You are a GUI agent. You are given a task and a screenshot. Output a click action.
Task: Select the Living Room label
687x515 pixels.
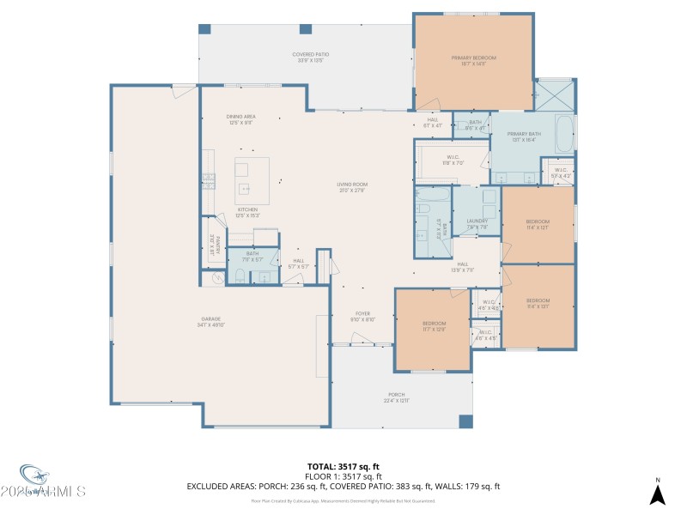click(x=352, y=187)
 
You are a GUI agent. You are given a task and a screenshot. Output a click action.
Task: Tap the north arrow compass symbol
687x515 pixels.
click(x=657, y=493)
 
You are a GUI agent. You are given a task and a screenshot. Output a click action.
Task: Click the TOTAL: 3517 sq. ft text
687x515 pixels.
click(x=343, y=466)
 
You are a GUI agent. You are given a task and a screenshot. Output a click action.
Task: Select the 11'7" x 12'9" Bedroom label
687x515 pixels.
click(x=434, y=325)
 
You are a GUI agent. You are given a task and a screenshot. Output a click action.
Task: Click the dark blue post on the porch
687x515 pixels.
click(x=465, y=421)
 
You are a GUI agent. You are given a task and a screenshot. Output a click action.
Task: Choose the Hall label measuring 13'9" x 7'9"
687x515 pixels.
click(x=462, y=266)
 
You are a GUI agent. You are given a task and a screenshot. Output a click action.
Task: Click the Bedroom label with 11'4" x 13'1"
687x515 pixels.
click(x=538, y=303)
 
